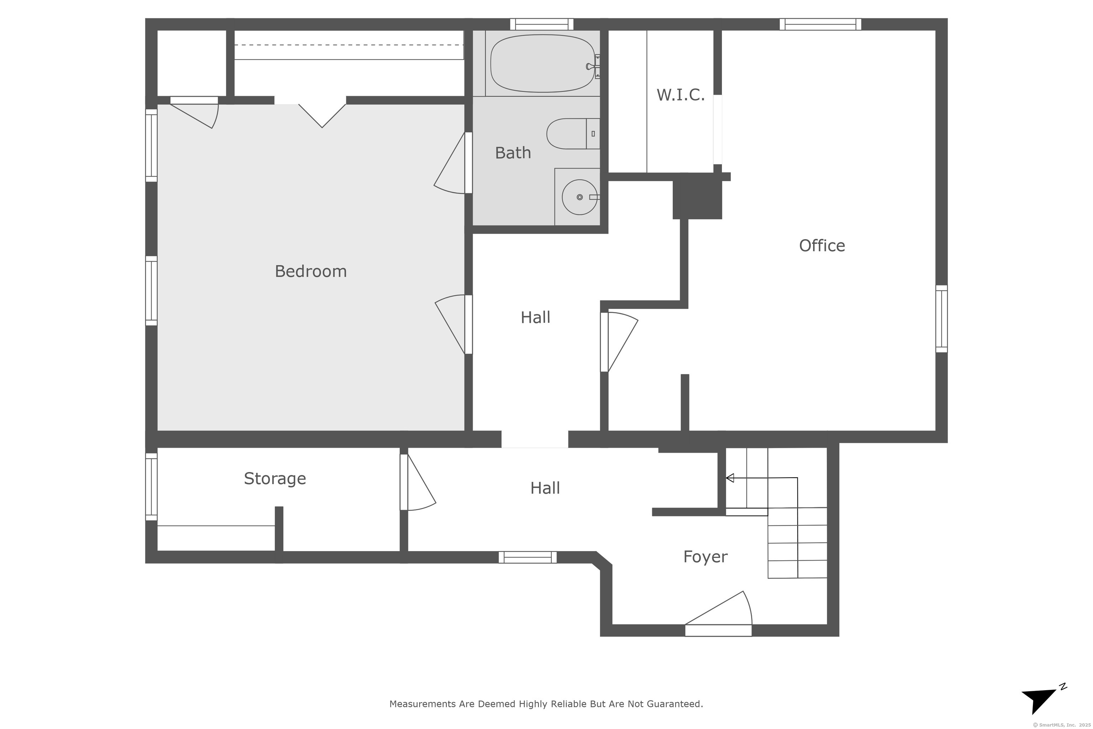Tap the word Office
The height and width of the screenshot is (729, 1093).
[x=822, y=246]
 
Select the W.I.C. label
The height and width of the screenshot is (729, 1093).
[x=680, y=95]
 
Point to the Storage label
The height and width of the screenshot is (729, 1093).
[x=275, y=478]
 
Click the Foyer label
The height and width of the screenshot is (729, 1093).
[x=705, y=556]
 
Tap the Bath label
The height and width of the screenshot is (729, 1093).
[x=513, y=152]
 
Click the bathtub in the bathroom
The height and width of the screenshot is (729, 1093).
[x=542, y=63]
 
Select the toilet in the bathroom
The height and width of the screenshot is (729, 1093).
[x=573, y=134]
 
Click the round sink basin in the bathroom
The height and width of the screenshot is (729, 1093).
[x=580, y=197]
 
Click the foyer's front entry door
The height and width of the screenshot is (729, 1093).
[x=718, y=614]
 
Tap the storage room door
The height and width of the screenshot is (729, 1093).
[x=417, y=482]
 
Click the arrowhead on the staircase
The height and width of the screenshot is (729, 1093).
[x=730, y=477]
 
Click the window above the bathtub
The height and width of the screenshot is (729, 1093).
[x=542, y=24]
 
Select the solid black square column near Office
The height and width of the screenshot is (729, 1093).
[x=697, y=196]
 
